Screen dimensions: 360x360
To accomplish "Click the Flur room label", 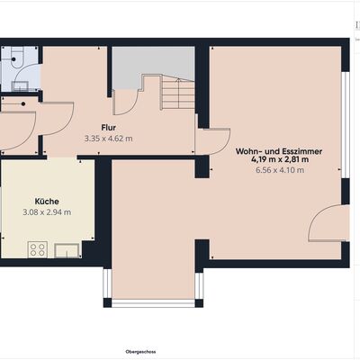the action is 109,128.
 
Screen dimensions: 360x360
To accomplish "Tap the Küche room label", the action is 47,202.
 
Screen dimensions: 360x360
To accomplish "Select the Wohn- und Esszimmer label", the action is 279,151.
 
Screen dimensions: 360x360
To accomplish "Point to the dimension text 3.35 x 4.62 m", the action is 109,139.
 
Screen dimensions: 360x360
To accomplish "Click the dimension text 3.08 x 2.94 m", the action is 47,212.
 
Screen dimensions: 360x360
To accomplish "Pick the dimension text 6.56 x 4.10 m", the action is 280,170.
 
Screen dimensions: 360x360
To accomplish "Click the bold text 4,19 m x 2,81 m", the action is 280,159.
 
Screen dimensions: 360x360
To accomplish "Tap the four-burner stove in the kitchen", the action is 38,249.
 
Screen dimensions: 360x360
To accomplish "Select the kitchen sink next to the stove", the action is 67,250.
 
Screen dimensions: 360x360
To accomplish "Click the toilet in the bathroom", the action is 15,57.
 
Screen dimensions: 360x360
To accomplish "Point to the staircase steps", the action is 178,92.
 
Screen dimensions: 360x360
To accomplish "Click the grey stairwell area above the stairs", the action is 153,65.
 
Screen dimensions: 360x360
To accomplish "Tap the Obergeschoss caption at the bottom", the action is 140,351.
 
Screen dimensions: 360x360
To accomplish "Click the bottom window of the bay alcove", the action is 153,303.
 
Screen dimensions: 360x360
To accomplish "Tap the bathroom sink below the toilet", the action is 21,86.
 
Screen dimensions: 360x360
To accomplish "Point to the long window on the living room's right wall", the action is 346,125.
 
